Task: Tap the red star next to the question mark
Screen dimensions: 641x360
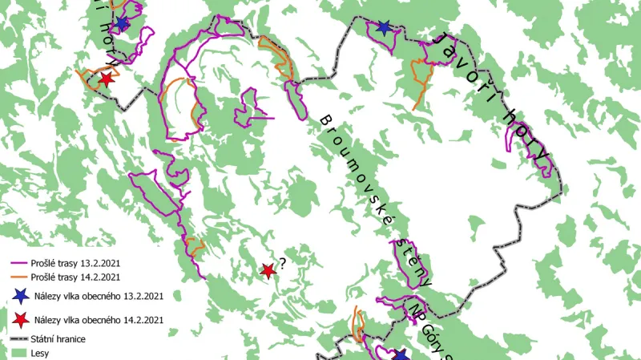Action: (x=268, y=272)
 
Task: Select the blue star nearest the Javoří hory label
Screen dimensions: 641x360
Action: (x=384, y=29)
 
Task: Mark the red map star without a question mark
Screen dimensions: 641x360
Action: (x=106, y=79)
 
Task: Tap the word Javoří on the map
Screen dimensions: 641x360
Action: (x=454, y=55)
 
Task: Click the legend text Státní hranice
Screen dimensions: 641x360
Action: (x=60, y=339)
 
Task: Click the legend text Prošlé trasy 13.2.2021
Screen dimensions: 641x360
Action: (x=78, y=263)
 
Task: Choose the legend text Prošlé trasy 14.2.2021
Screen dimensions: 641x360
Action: (x=78, y=277)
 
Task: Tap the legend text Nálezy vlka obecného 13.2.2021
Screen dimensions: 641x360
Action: (x=99, y=297)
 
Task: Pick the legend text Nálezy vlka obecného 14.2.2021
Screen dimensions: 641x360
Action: (x=99, y=320)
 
